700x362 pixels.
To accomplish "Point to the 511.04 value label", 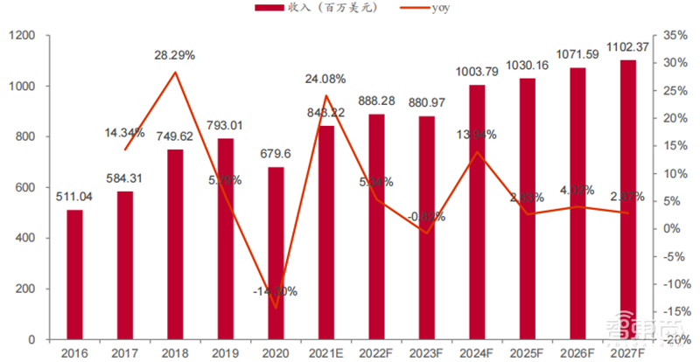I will [x=74, y=198].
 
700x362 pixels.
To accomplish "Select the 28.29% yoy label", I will [x=174, y=54].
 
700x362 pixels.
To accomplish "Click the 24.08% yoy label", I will [x=325, y=79].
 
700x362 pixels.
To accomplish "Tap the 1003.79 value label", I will [x=477, y=72].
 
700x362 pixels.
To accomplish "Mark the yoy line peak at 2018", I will [x=175, y=72].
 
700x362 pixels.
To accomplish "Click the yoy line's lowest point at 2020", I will [x=276, y=308].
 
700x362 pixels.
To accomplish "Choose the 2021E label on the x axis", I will [x=325, y=352].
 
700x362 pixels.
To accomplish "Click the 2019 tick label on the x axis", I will [x=225, y=352].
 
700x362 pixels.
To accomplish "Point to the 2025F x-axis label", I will [x=528, y=352].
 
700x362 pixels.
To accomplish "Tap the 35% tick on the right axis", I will [x=675, y=35].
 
